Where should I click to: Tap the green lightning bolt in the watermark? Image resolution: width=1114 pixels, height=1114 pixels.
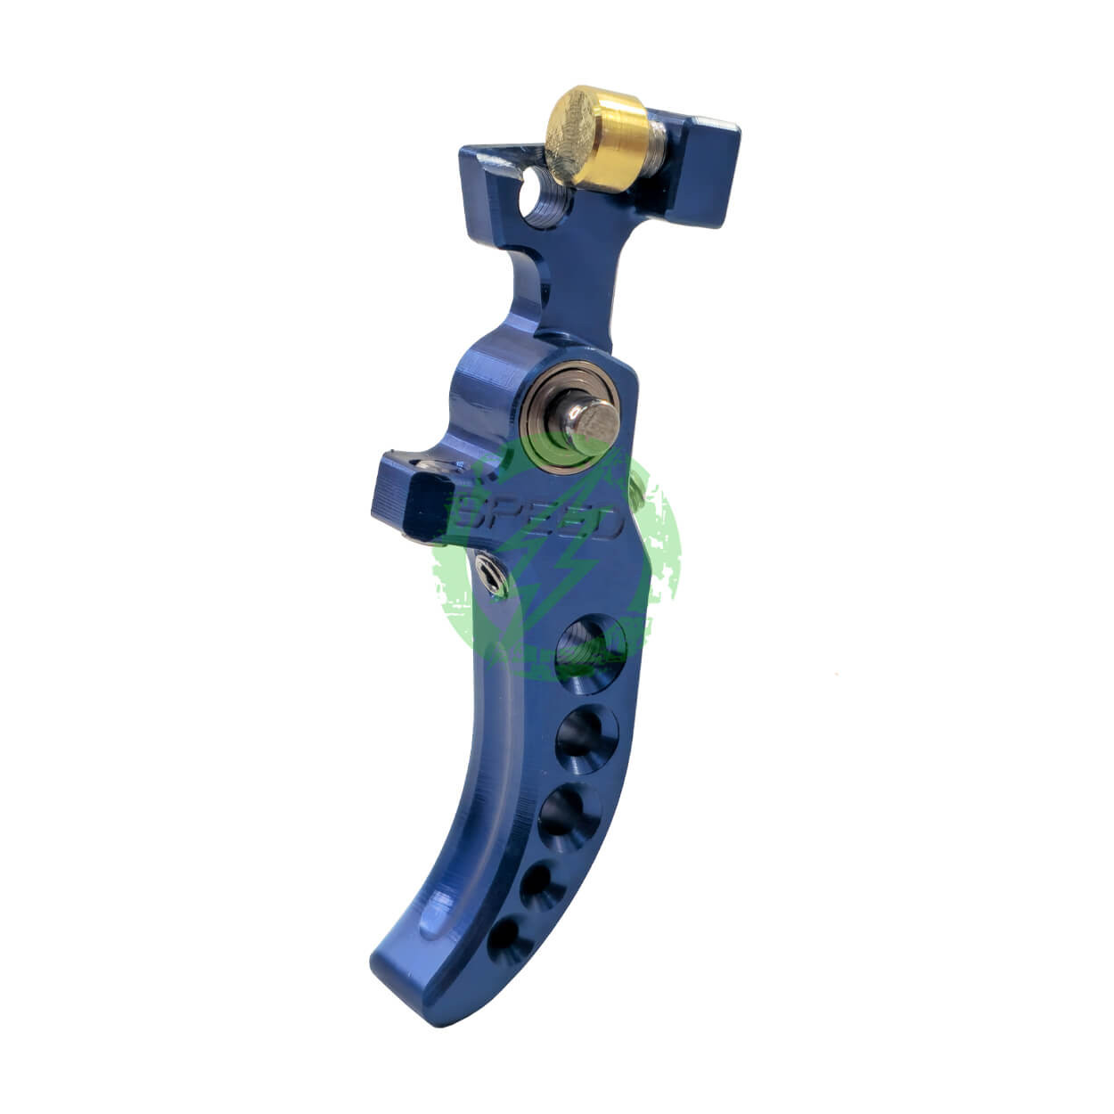click(535, 570)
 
